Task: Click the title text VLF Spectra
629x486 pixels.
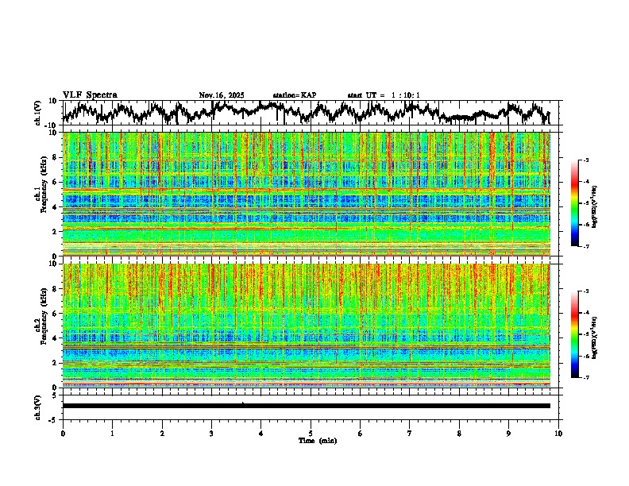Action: (x=90, y=95)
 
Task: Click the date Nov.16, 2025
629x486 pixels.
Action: (x=222, y=95)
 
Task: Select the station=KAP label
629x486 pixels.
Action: (x=294, y=95)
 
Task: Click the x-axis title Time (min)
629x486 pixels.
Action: (x=317, y=440)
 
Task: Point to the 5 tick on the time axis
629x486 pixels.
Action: (x=311, y=434)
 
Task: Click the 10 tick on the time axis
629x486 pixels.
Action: (x=558, y=434)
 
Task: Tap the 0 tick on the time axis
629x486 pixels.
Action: (x=63, y=434)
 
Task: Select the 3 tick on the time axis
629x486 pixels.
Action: (x=211, y=434)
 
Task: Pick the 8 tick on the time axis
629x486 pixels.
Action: (x=459, y=434)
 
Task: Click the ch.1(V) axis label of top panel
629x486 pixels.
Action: (x=38, y=113)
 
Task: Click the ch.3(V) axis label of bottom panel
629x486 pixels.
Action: (x=38, y=406)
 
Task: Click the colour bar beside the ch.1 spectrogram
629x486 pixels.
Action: (x=575, y=203)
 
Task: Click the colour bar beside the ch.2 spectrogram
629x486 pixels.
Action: (x=575, y=334)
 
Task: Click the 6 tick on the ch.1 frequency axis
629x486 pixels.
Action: (x=56, y=182)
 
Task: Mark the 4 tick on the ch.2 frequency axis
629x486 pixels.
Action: (x=56, y=337)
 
